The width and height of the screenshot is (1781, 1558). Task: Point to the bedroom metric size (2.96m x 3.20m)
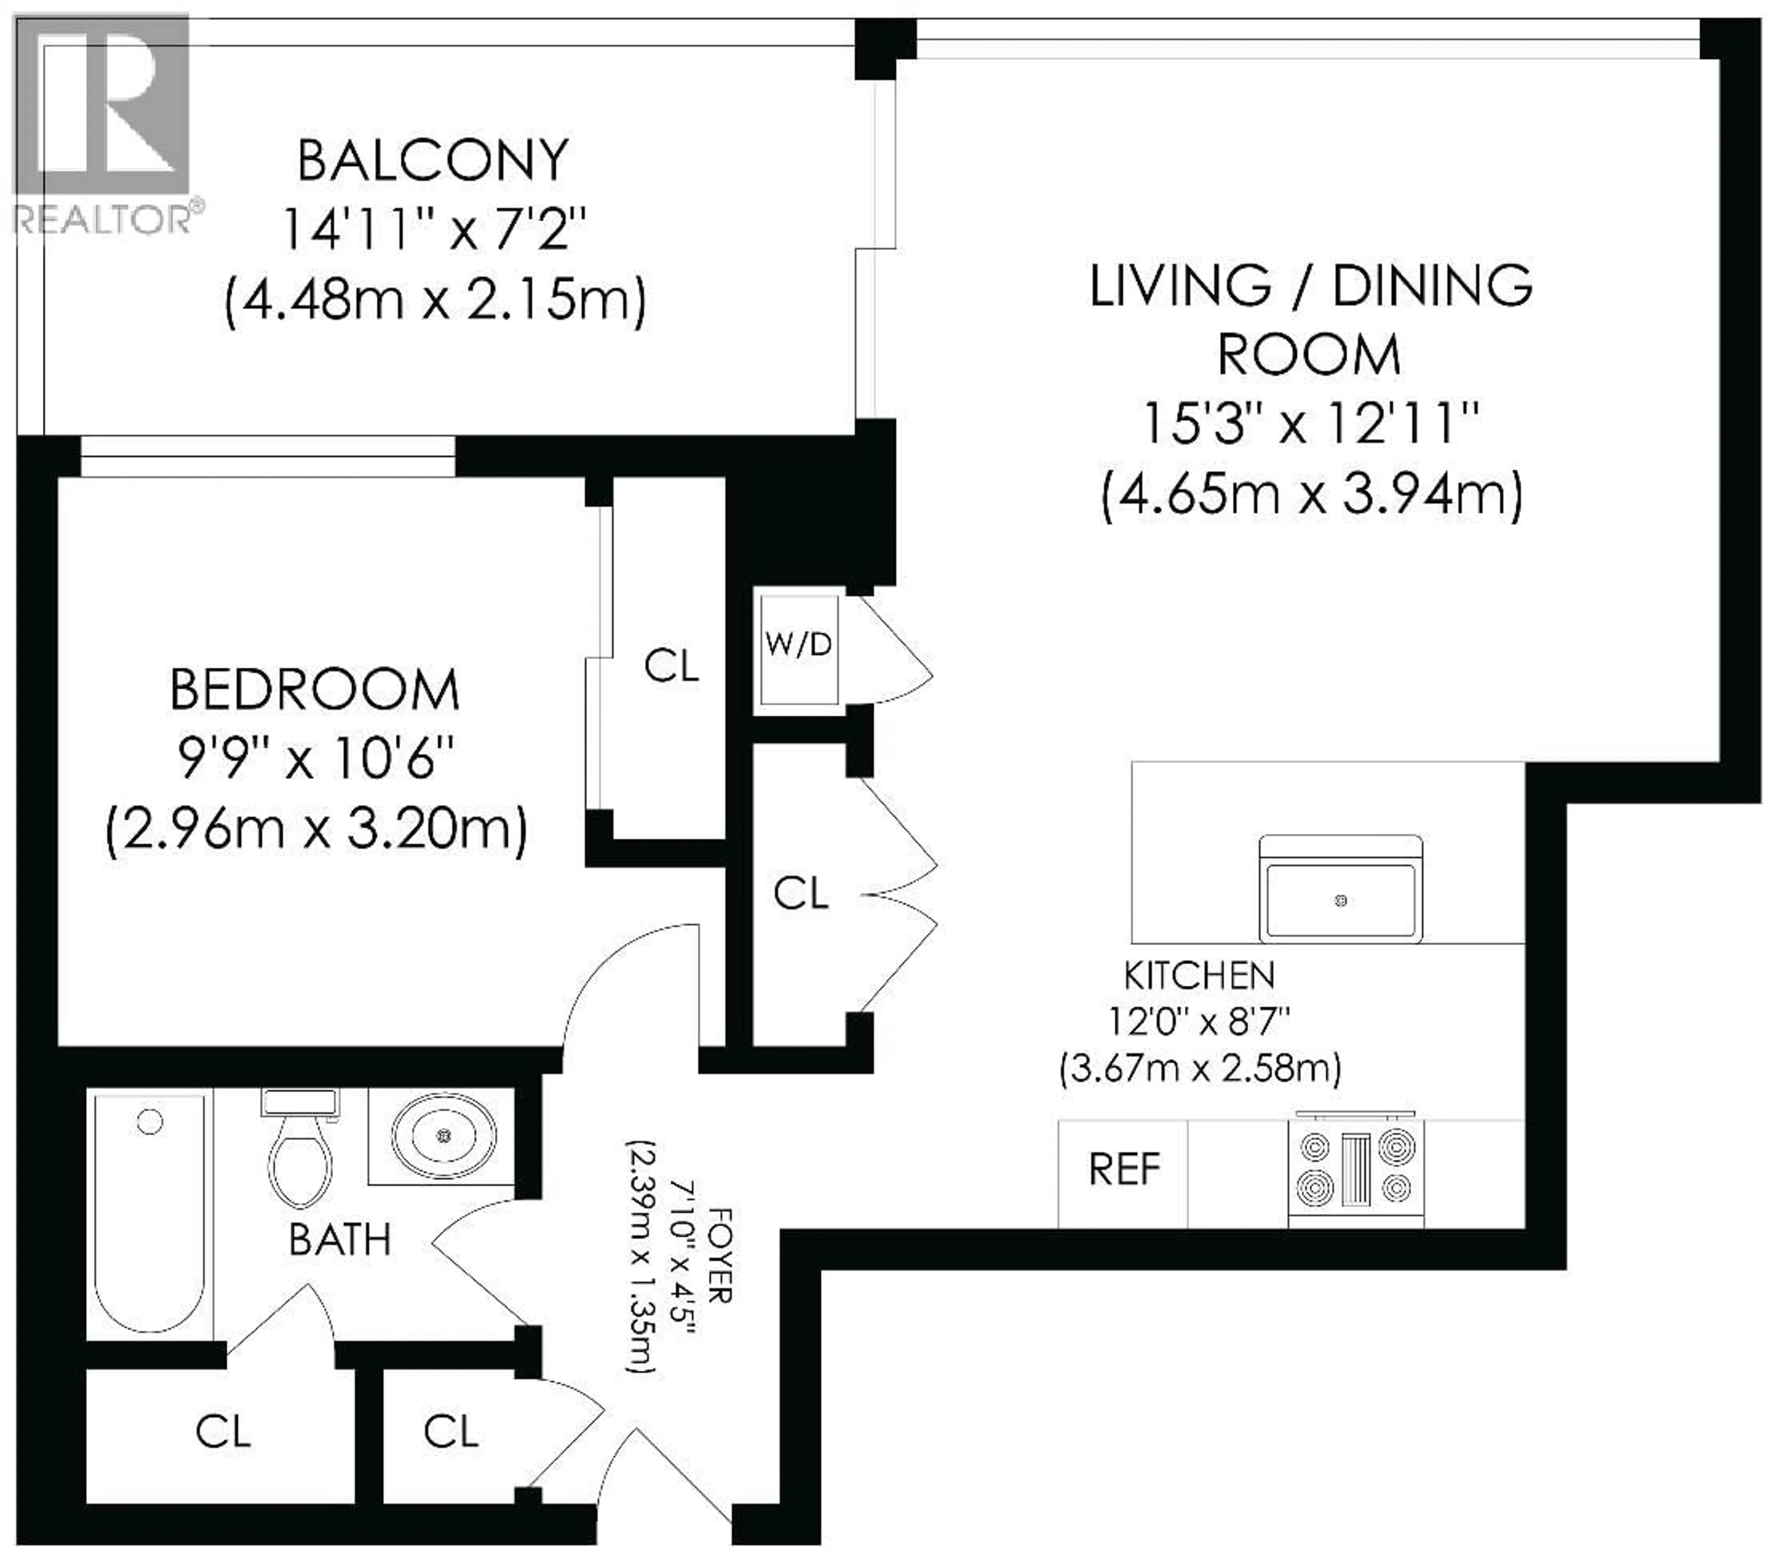[316, 830]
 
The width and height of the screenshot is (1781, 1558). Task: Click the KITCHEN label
[1199, 975]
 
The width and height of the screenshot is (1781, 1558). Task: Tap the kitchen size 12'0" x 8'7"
[1199, 1022]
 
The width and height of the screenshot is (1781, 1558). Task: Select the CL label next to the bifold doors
[801, 893]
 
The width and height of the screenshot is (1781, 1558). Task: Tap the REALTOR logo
[103, 122]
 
